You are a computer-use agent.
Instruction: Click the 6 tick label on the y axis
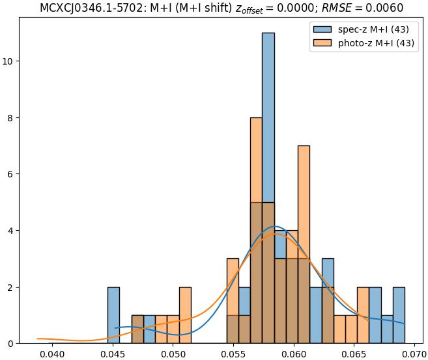pos(12,174)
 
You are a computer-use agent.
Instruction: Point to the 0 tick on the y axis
pos(12,343)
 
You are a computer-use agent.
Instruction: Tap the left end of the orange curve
pos(38,338)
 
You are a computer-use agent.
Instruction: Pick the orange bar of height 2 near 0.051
pos(185,315)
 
